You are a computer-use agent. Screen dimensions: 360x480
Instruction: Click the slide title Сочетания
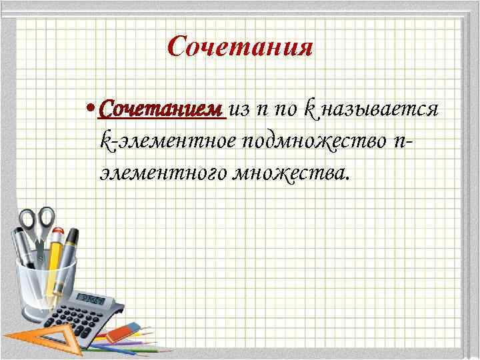click(240, 47)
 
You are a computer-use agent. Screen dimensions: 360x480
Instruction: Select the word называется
click(379, 110)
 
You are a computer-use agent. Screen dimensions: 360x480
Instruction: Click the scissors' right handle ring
click(45, 217)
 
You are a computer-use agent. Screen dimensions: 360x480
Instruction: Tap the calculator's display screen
click(91, 299)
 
